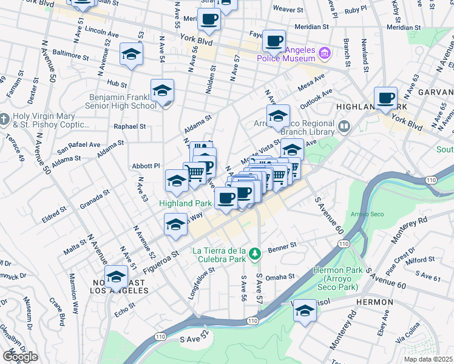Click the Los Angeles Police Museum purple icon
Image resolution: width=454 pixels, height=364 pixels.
pyautogui.click(x=325, y=53)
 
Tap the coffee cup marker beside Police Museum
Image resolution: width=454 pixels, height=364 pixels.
pyautogui.click(x=273, y=41)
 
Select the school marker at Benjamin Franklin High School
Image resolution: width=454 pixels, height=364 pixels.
pyautogui.click(x=162, y=91)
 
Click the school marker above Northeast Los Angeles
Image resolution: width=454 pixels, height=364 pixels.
pyautogui.click(x=116, y=277)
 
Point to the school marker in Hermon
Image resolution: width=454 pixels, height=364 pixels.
pyautogui.click(x=305, y=312)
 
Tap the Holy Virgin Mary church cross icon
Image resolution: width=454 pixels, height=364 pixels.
pyautogui.click(x=4, y=117)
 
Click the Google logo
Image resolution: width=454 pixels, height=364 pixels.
pyautogui.click(x=19, y=357)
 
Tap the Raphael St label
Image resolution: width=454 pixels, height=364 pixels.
pyautogui.click(x=130, y=127)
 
